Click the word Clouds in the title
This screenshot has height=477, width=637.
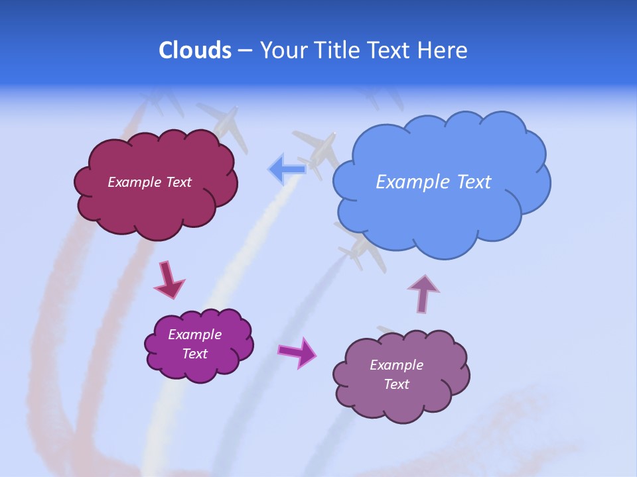coord(195,50)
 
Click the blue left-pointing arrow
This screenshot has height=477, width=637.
coord(286,169)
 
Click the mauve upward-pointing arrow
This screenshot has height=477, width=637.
coord(423,293)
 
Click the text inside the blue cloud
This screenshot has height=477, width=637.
coord(433,182)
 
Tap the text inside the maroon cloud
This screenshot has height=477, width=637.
coord(149,182)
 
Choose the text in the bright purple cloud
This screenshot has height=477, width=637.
coord(194,344)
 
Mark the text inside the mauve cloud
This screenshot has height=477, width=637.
coord(396,374)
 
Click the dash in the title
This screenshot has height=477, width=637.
coord(244,50)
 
